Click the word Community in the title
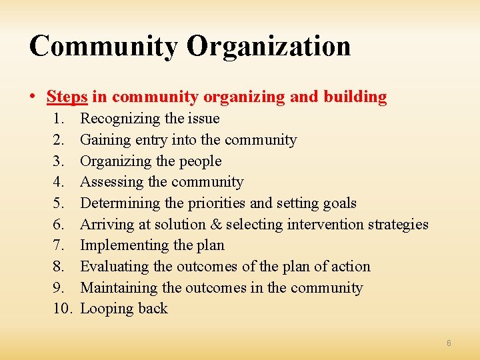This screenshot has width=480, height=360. (103, 46)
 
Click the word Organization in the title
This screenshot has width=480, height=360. (269, 46)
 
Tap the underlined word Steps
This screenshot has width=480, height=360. (67, 97)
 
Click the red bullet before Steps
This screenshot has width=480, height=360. (33, 97)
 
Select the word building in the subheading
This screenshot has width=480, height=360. (355, 97)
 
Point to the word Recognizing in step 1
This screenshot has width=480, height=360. (121, 119)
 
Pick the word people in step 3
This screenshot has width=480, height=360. (201, 161)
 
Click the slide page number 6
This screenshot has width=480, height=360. (449, 343)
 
